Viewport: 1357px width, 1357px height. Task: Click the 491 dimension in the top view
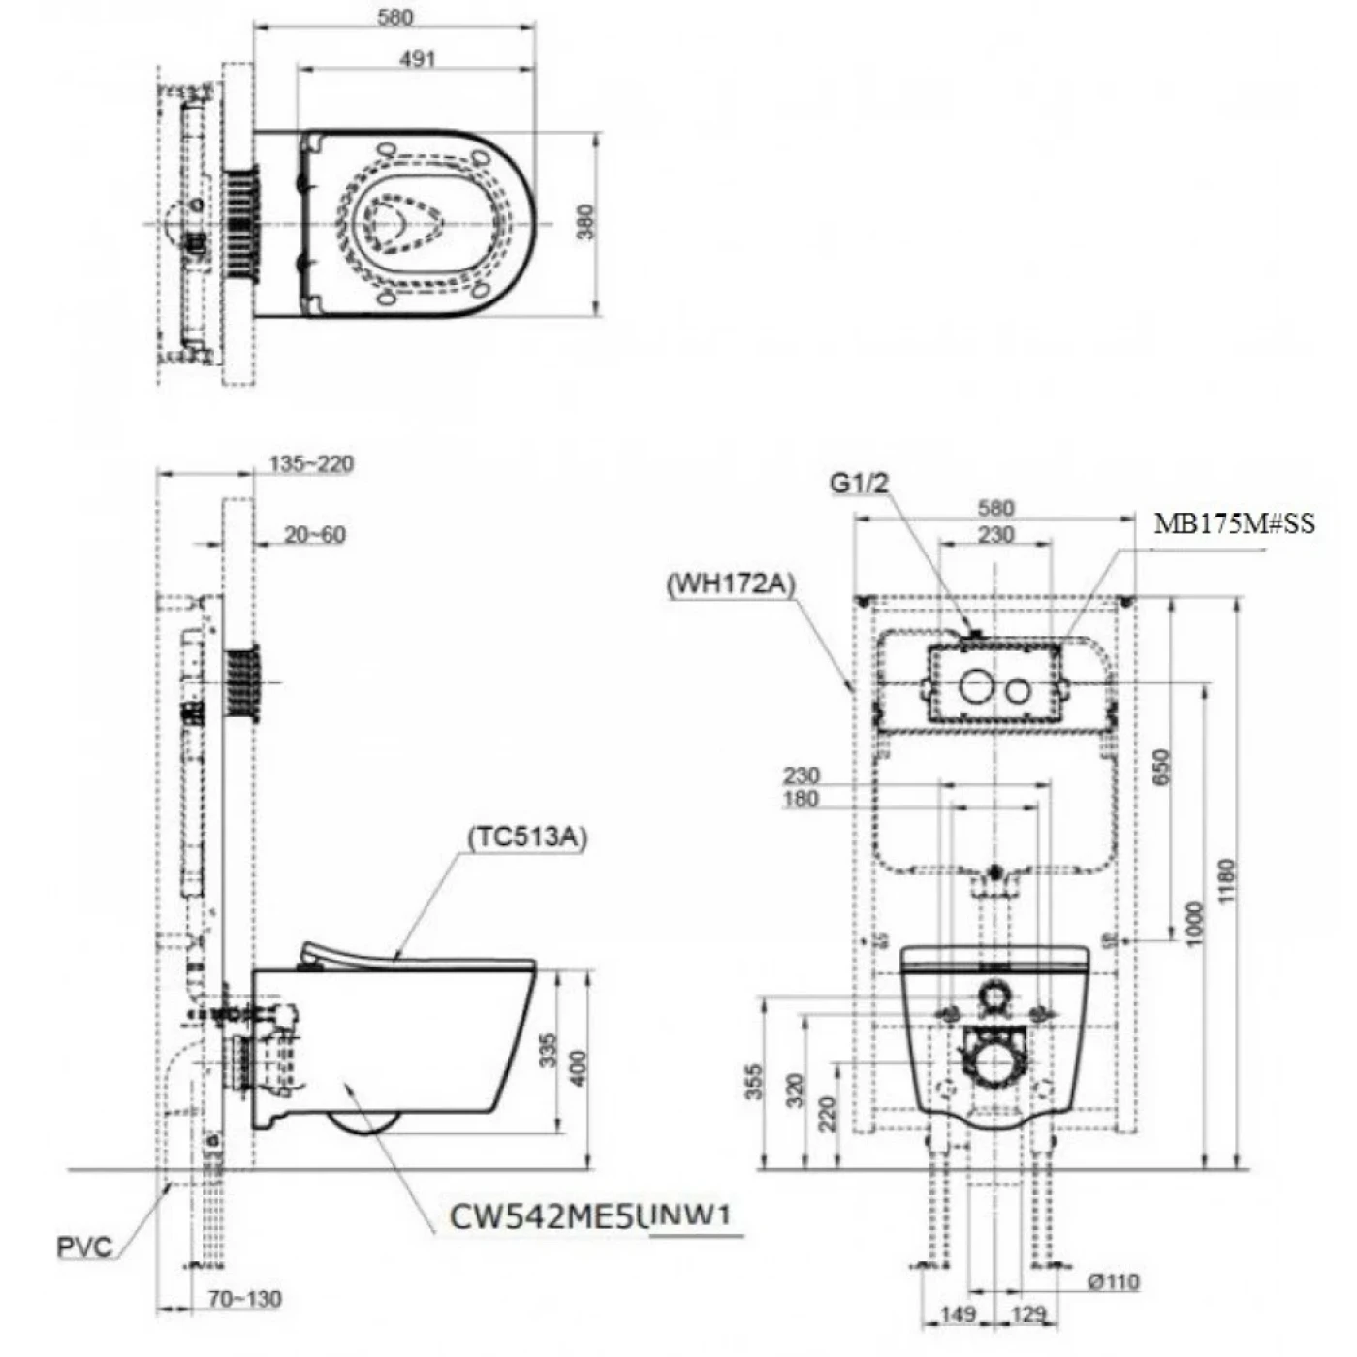(x=417, y=59)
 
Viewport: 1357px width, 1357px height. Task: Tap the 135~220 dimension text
(x=311, y=464)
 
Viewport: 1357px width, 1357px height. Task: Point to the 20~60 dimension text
(x=315, y=535)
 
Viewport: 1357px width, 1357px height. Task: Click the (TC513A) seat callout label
(x=527, y=836)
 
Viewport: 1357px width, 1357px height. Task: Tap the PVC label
(x=83, y=1247)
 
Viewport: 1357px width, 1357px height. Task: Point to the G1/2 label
(x=858, y=482)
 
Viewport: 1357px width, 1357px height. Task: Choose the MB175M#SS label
(x=1234, y=524)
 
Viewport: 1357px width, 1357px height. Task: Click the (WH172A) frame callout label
(x=732, y=584)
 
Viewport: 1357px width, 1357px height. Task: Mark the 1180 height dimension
(x=1226, y=881)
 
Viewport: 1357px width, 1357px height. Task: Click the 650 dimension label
(x=1162, y=767)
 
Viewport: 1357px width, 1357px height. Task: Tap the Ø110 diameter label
(x=1113, y=1282)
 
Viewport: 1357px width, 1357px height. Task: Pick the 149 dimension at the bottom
(x=958, y=1314)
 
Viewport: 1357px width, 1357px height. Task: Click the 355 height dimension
(x=754, y=1083)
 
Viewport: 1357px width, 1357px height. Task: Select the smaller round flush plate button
(x=1017, y=690)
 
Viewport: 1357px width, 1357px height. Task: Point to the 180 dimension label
(x=801, y=800)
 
